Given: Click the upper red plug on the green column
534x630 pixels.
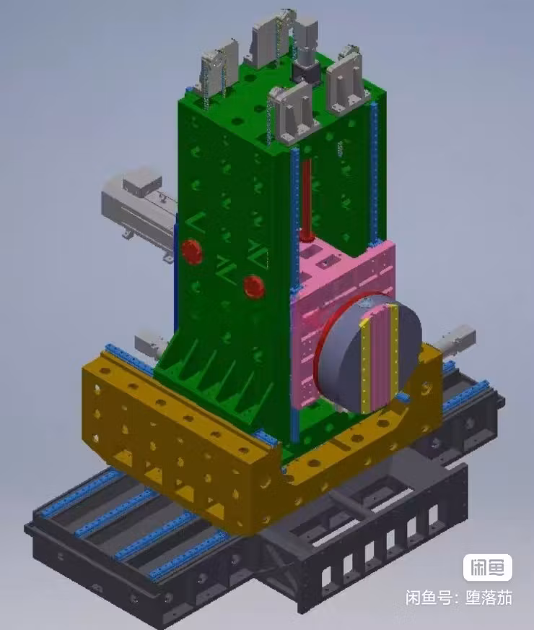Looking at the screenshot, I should point(192,251).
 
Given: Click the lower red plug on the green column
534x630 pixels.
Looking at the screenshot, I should point(253,286).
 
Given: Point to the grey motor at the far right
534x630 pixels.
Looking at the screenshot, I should point(457,339).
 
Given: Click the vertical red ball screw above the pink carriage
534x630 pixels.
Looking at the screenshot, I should point(306,199).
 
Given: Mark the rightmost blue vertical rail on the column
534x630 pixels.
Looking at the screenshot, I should point(374,173).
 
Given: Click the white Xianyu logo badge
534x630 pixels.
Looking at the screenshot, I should point(487,567).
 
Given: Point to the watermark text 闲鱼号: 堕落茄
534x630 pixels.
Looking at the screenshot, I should point(458,598).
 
